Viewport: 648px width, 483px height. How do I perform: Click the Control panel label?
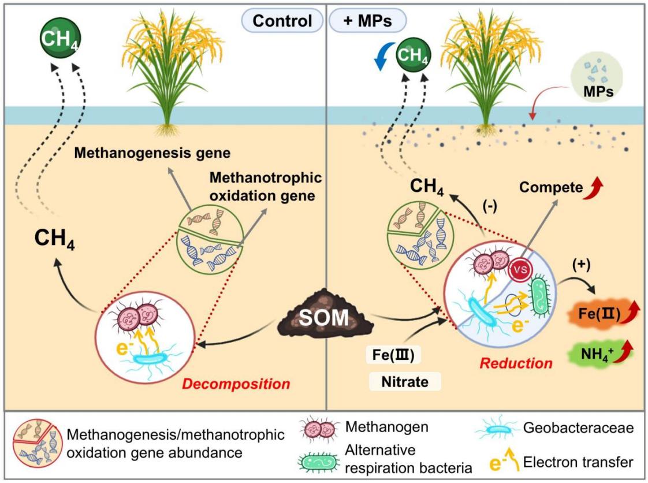pyautogui.click(x=282, y=21)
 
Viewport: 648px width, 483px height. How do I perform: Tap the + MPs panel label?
pyautogui.click(x=367, y=21)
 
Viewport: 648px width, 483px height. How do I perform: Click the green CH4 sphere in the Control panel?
pyautogui.click(x=60, y=38)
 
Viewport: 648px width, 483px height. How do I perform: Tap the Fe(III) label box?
pyautogui.click(x=393, y=355)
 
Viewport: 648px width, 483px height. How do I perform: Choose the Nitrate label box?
pyautogui.click(x=405, y=381)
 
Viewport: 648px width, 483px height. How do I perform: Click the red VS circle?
pyautogui.click(x=520, y=270)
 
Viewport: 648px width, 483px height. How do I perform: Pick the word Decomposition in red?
pyautogui.click(x=236, y=384)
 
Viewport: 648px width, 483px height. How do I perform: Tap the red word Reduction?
pyautogui.click(x=516, y=363)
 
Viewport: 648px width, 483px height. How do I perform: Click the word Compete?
pyautogui.click(x=550, y=187)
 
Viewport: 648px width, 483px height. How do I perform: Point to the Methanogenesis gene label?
pyautogui.click(x=152, y=153)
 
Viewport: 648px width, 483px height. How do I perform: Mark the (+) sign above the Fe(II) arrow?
pyautogui.click(x=581, y=265)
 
